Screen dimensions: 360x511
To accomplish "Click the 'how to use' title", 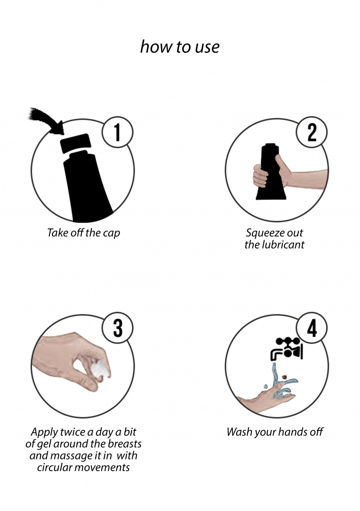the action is (180, 47).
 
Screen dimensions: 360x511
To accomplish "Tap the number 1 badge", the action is (117, 132).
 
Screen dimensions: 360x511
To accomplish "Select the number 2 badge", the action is (312, 132).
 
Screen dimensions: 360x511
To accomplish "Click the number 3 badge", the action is (117, 328).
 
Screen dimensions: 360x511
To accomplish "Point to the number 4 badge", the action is (312, 328).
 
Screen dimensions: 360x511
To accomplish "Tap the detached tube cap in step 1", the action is (76, 143).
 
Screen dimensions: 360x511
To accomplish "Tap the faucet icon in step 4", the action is (287, 349).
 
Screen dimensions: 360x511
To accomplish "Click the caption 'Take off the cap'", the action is (84, 233).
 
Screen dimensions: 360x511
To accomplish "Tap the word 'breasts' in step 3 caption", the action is (125, 444).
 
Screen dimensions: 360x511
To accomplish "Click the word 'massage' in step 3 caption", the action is (68, 456).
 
